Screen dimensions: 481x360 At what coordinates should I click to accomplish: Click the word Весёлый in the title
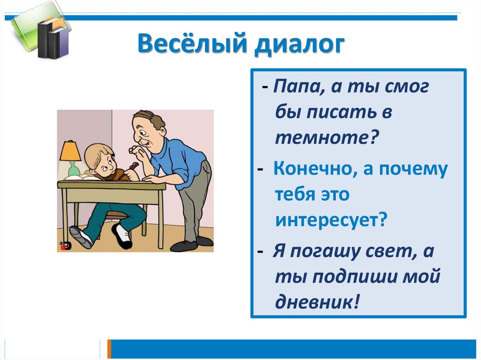(192, 43)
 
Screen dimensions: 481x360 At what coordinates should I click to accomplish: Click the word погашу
(325, 252)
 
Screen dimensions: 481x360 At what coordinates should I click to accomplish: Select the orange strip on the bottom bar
(109, 349)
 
